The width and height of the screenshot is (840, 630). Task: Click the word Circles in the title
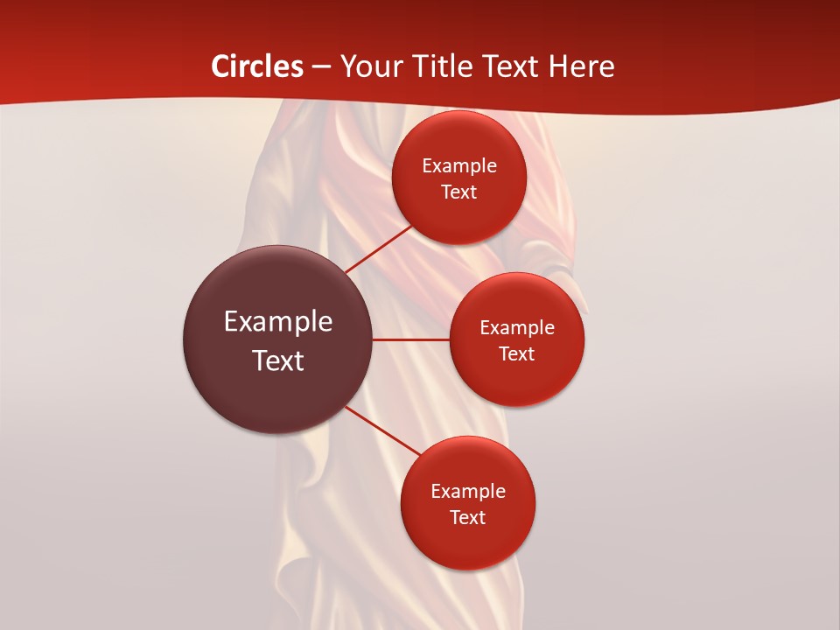click(257, 66)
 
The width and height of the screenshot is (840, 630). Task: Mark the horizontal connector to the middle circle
click(411, 339)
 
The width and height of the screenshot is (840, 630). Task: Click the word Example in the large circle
click(278, 322)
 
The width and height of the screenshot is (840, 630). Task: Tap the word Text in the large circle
click(278, 360)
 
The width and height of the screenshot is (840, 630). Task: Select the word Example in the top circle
click(459, 166)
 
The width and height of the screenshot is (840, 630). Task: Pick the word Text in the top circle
click(459, 192)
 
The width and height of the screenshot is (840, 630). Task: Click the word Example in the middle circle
click(517, 328)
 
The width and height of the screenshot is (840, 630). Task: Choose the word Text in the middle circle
click(517, 354)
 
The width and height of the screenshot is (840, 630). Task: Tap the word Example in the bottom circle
click(468, 492)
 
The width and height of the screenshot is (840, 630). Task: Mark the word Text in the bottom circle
click(468, 518)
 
